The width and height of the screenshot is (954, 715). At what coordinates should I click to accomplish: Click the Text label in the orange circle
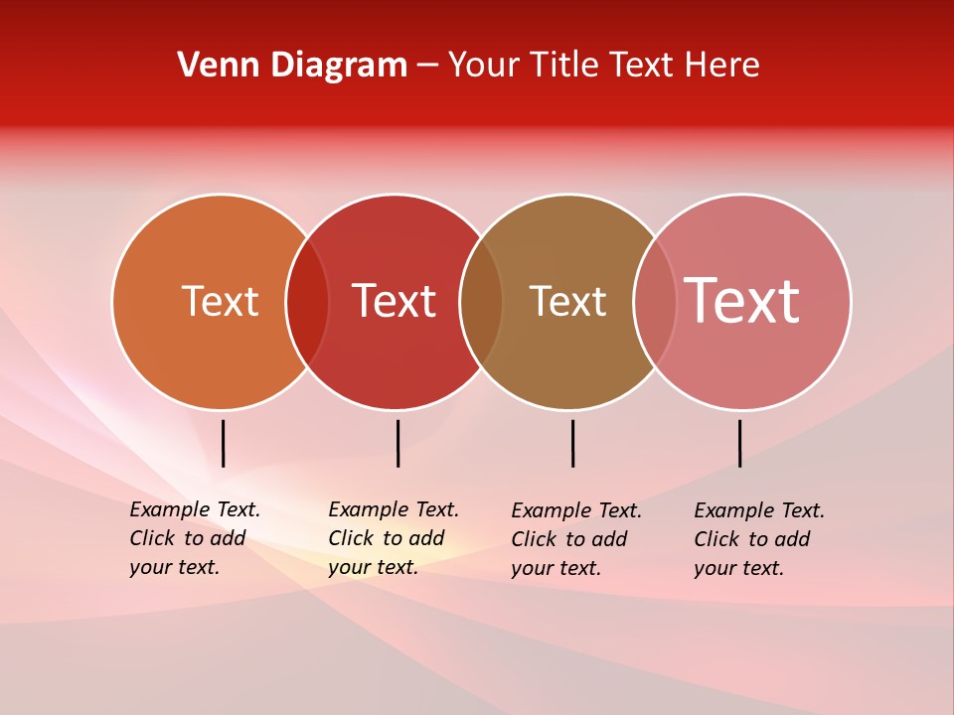click(220, 301)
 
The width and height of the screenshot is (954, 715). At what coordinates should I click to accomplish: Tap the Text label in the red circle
click(395, 301)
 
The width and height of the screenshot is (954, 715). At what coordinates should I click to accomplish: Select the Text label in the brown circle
click(567, 301)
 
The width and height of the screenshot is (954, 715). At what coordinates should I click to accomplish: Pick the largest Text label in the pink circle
click(742, 301)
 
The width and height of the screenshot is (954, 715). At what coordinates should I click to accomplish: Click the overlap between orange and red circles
click(307, 302)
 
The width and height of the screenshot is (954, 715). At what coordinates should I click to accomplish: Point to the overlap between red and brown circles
click(481, 302)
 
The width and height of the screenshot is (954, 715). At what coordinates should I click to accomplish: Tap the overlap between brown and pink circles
click(655, 302)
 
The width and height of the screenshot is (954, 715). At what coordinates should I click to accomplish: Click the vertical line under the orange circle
click(224, 443)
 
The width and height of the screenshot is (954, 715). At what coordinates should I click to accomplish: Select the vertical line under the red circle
click(397, 443)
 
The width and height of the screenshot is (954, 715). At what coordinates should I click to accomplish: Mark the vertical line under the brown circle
click(572, 443)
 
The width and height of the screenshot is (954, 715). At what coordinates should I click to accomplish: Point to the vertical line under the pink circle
click(739, 443)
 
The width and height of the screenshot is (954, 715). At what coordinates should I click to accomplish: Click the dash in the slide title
click(427, 67)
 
